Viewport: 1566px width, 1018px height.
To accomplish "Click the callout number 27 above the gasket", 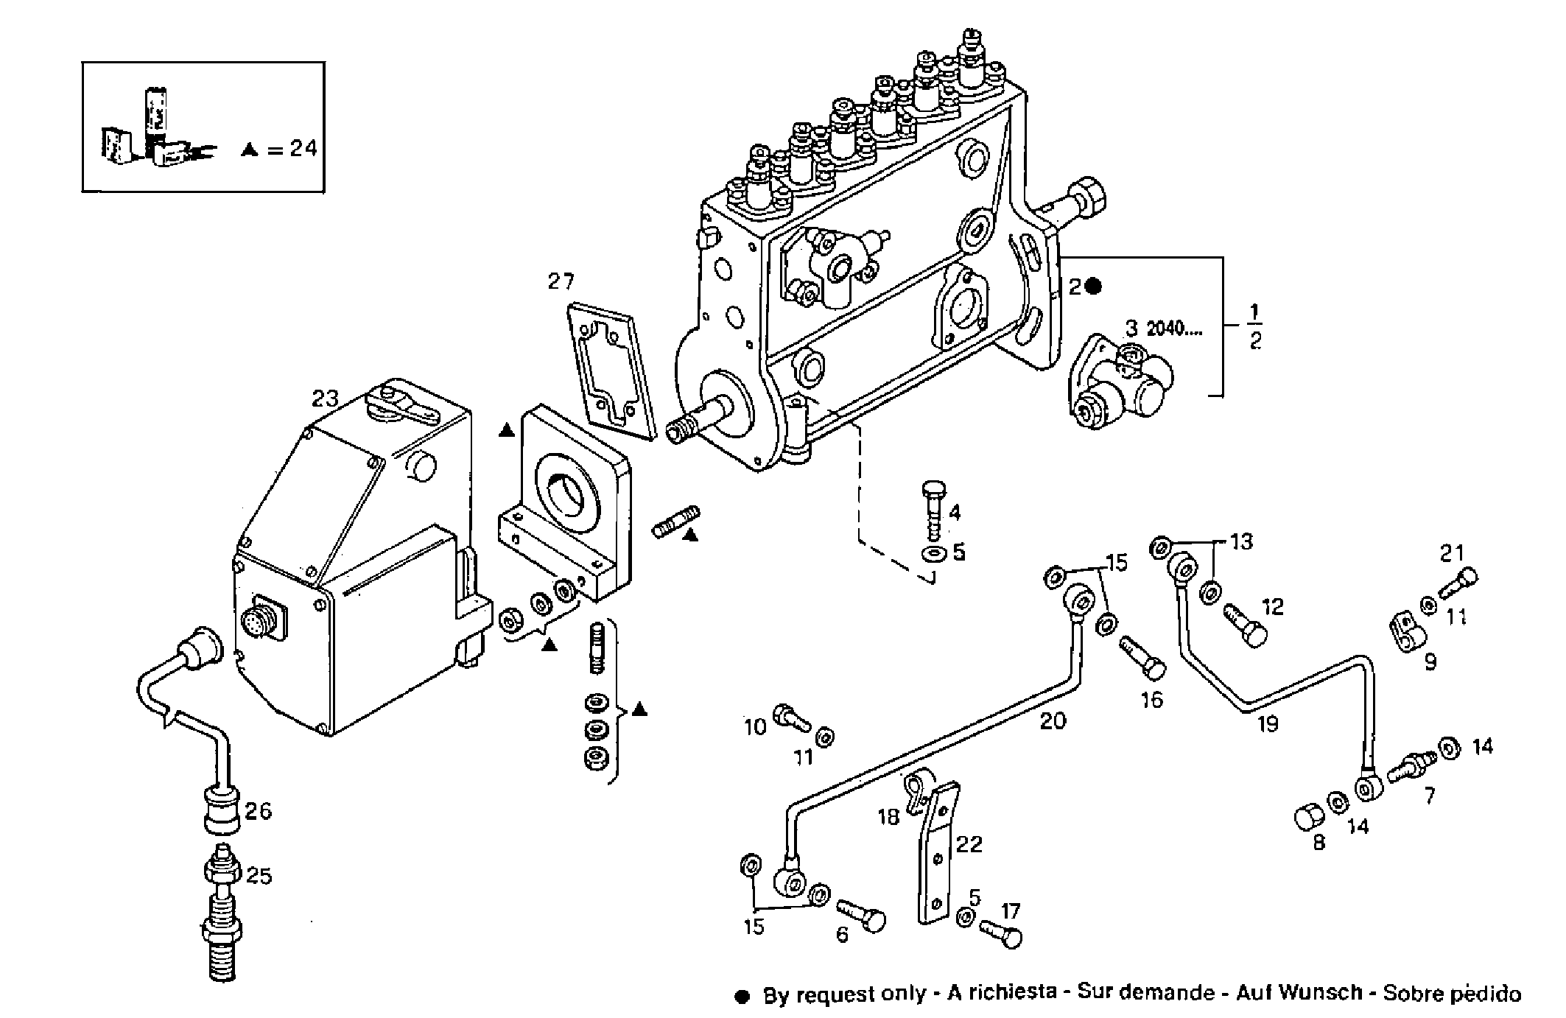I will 561,281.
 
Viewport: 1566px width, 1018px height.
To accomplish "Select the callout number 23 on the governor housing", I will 324,399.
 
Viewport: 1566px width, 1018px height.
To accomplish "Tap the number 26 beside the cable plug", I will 259,812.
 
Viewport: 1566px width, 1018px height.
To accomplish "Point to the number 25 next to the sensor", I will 259,876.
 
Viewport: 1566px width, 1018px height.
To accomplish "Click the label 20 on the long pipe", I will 1053,720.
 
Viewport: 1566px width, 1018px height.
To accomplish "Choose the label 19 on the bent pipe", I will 1267,724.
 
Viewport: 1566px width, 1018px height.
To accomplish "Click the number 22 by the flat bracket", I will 969,843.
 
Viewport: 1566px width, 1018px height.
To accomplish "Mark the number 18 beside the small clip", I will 889,817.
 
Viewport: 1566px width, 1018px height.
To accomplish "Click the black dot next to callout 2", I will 1094,287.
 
